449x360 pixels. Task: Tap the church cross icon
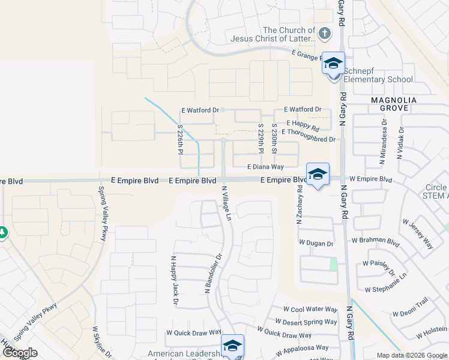click(325, 33)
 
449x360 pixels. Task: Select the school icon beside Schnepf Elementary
click(333, 63)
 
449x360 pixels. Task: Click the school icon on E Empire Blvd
click(318, 175)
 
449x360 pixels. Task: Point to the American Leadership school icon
click(232, 346)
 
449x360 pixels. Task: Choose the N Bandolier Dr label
click(214, 272)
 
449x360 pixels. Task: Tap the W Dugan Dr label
click(316, 243)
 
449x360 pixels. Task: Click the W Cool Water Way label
click(310, 309)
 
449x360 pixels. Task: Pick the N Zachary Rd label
click(298, 204)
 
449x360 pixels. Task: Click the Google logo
click(20, 353)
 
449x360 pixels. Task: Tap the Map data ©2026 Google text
click(412, 355)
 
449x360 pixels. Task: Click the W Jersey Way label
click(421, 235)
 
